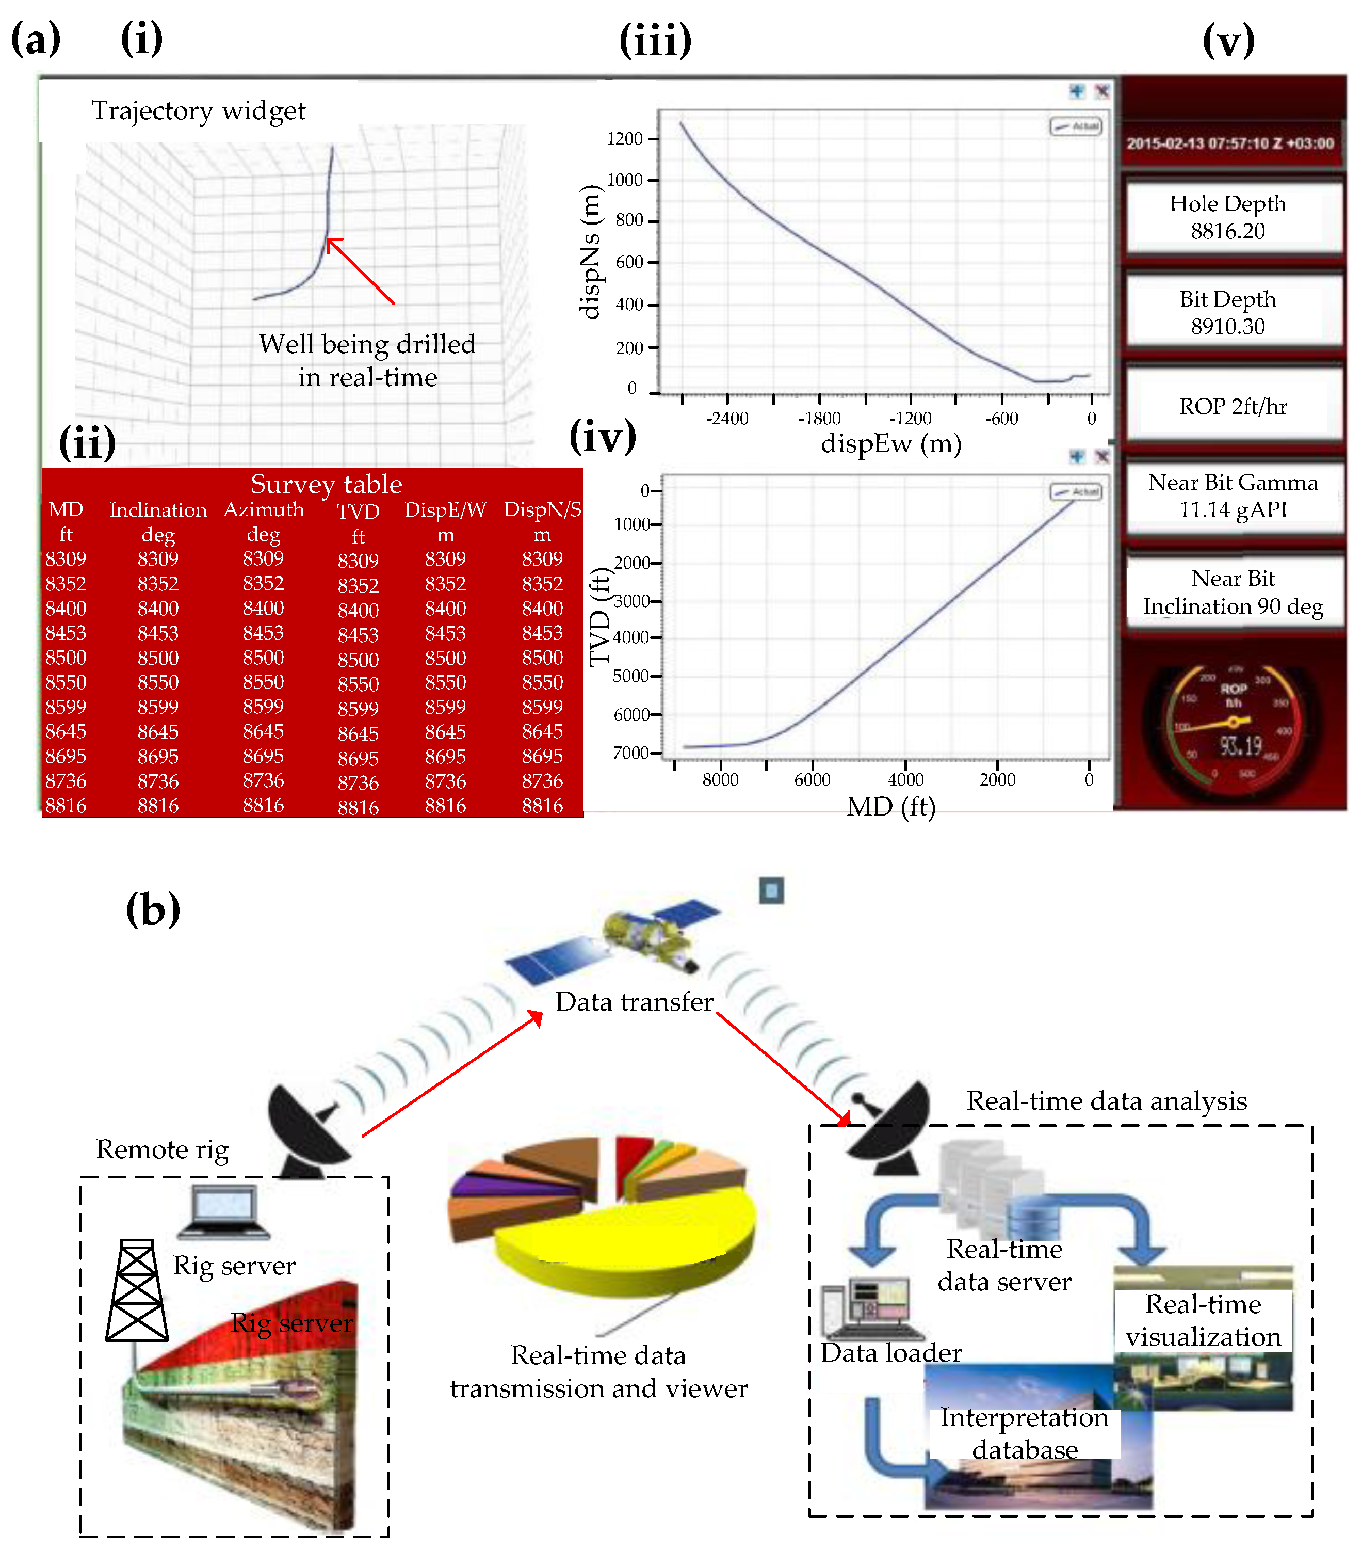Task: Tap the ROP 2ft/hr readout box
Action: pos(1233,406)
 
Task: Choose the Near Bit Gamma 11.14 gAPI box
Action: pos(1233,497)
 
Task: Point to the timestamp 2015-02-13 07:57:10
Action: pos(1229,143)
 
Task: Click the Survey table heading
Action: pos(326,484)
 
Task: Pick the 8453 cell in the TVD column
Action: pos(358,635)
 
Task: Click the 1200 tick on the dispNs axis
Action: pos(625,139)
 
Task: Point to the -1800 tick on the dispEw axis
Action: pos(819,419)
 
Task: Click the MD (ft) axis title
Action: pos(890,807)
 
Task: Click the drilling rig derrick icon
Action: pos(136,1291)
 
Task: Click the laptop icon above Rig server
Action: pos(223,1211)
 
